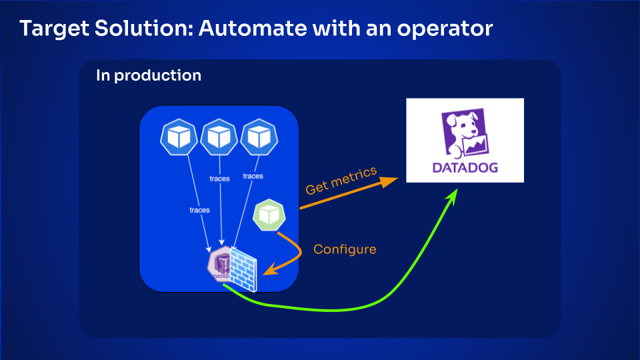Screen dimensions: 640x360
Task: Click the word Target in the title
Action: (x=54, y=29)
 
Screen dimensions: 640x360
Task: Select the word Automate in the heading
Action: (x=252, y=28)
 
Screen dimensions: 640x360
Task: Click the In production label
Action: (x=149, y=75)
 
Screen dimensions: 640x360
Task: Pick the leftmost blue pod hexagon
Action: (x=179, y=137)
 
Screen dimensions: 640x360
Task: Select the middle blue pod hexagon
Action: (x=219, y=137)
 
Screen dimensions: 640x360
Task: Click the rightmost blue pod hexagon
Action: (x=259, y=137)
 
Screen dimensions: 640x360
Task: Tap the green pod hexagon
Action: (x=269, y=215)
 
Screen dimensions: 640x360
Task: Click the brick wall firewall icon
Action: (x=243, y=269)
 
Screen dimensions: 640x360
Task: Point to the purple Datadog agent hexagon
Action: (x=221, y=265)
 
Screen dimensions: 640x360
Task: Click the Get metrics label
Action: (x=341, y=181)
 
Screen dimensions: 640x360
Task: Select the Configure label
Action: (x=345, y=249)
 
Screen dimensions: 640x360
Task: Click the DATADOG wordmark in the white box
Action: (x=465, y=168)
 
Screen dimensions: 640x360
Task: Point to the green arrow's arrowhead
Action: (x=452, y=195)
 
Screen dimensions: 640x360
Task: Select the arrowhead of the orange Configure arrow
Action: (x=270, y=269)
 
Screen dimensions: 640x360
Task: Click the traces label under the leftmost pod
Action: (x=199, y=210)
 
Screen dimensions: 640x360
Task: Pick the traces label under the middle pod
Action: (x=219, y=179)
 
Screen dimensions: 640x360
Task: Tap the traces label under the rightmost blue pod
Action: (x=253, y=176)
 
